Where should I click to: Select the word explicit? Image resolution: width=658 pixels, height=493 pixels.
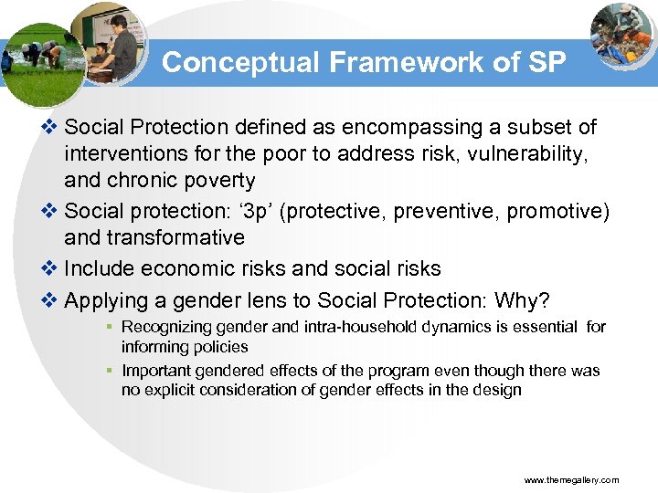(167, 390)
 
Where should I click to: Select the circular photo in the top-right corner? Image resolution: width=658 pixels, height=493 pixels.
(621, 34)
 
